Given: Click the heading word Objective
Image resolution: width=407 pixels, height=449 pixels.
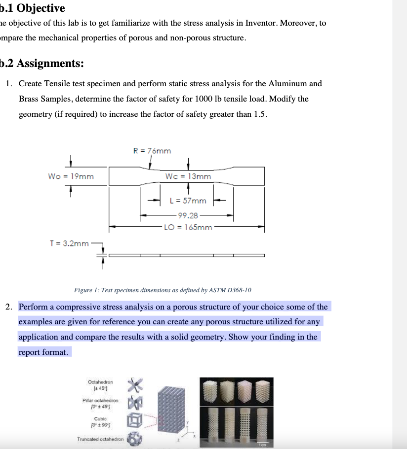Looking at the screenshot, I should [x=41, y=8].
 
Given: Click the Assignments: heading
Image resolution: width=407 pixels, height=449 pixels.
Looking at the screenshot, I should [x=49, y=64].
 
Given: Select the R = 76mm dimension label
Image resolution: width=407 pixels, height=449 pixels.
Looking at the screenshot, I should [x=153, y=151].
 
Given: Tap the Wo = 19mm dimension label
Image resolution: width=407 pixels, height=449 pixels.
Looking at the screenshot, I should [x=71, y=176].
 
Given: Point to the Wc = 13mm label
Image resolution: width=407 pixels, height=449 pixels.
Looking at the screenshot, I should [x=188, y=176].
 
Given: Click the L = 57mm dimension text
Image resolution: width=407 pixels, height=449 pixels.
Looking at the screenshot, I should [x=188, y=201].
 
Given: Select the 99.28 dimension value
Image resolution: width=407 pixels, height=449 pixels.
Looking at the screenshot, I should [x=188, y=215].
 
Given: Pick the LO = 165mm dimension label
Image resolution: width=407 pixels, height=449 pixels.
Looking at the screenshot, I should [x=188, y=227].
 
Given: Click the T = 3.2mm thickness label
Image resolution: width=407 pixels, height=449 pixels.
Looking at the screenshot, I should [x=69, y=243].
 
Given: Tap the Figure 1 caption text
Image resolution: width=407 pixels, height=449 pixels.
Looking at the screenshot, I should [x=163, y=290].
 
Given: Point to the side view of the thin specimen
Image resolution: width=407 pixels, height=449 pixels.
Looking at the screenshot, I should [x=186, y=255].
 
